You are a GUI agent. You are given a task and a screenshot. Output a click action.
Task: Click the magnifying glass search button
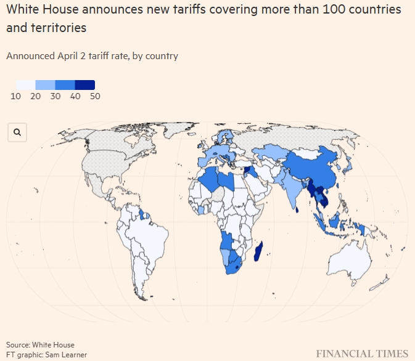tap(17, 132)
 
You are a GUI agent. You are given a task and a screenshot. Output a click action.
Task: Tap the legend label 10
tap(17, 96)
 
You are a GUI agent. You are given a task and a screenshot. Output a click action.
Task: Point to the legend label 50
tap(95, 96)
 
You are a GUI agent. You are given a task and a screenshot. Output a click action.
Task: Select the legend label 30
tap(55, 96)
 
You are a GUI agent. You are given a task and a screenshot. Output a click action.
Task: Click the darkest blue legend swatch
tap(85, 85)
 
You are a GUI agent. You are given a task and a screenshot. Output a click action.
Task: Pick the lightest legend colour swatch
tap(26, 85)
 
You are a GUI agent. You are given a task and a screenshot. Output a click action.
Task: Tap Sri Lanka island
tap(297, 208)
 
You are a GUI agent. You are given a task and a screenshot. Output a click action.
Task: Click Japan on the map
tap(348, 165)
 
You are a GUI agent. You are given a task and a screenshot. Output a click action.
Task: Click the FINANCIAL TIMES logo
tap(363, 353)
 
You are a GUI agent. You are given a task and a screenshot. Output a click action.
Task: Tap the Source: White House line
tap(40, 344)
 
